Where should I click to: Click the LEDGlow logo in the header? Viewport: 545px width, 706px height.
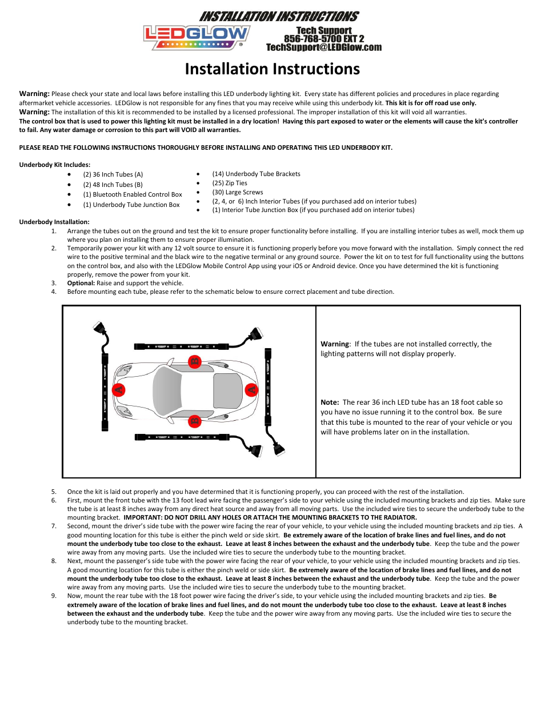point(196,37)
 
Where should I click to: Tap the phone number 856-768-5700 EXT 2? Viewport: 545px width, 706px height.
point(324,39)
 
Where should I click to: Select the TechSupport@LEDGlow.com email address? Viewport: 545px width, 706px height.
point(324,47)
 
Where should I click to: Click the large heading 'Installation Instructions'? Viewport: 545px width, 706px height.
point(272,69)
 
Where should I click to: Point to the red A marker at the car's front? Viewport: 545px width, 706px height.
point(119,390)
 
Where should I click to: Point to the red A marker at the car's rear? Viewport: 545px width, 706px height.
point(251,390)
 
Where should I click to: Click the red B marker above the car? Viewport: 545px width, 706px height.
point(195,361)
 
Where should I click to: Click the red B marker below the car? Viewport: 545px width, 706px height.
point(195,421)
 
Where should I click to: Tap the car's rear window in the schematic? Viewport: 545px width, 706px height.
point(227,391)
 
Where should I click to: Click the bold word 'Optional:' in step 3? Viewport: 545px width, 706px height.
point(81,283)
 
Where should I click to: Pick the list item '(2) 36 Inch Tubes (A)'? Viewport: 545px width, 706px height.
point(113,174)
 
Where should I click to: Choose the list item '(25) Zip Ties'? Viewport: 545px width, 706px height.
point(230,183)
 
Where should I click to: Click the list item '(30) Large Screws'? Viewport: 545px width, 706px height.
point(238,192)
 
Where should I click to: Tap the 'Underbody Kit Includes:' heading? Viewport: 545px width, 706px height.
point(55,165)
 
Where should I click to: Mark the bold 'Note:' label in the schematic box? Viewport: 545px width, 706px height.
point(330,402)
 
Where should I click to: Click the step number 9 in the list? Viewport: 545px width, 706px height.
point(54,596)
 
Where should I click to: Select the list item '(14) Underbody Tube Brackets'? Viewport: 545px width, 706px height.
point(256,174)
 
